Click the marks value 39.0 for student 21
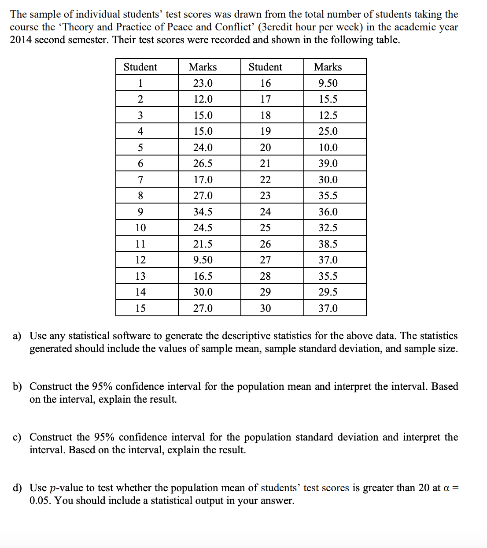(328, 163)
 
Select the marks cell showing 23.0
(203, 83)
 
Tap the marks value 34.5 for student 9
(203, 212)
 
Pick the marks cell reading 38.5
(328, 244)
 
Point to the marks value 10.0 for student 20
(328, 148)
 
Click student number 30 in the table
(265, 308)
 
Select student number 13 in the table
(140, 276)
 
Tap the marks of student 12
(203, 260)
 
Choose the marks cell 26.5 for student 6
(203, 163)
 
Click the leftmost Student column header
(140, 67)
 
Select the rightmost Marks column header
(328, 67)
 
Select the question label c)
(17, 437)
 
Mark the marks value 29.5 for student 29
(328, 292)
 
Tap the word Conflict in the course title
(234, 27)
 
